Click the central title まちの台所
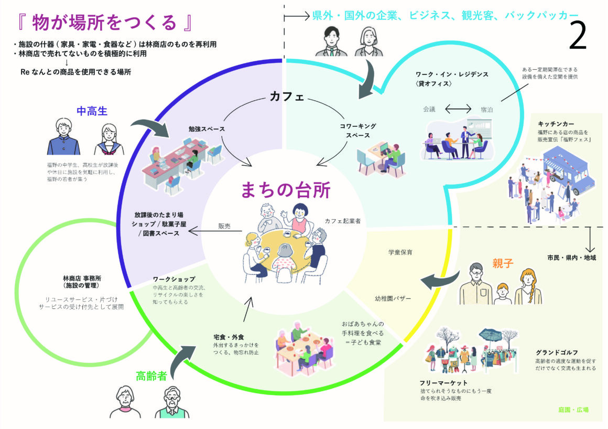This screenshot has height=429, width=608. pyautogui.click(x=285, y=190)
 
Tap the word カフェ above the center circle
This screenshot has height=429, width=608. pyautogui.click(x=287, y=96)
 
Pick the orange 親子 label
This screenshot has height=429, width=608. pyautogui.click(x=502, y=263)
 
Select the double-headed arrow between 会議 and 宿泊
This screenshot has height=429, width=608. pyautogui.click(x=458, y=109)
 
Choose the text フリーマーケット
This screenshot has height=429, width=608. pyautogui.click(x=443, y=383)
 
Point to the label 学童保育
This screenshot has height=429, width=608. pyautogui.click(x=400, y=252)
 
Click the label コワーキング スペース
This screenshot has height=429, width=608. pyautogui.click(x=358, y=131)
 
